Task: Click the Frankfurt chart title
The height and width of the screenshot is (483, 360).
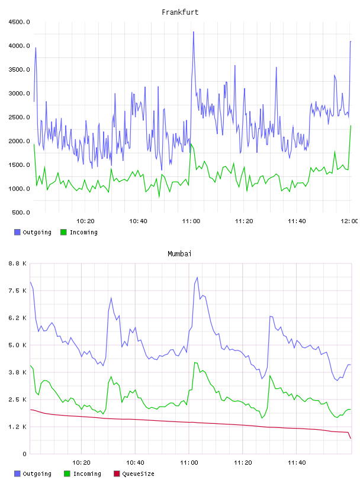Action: (180, 12)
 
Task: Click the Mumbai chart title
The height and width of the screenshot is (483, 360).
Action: (179, 254)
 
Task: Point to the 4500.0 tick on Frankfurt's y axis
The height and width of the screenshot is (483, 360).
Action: (19, 22)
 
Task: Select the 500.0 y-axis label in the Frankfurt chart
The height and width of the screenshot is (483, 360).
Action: (21, 212)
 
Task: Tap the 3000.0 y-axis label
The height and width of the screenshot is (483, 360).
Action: (19, 94)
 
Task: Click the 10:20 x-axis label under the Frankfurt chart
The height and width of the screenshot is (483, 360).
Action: (85, 221)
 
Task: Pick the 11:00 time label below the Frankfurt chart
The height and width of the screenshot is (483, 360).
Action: (191, 221)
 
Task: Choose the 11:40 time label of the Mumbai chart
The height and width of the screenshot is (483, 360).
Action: (297, 463)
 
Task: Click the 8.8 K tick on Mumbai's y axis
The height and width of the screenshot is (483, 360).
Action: (18, 263)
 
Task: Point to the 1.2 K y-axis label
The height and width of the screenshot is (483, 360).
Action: (18, 427)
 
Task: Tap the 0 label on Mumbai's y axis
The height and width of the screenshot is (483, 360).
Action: (25, 454)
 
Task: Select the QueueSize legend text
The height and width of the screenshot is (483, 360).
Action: (139, 474)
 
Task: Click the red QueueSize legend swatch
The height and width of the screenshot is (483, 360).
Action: (117, 474)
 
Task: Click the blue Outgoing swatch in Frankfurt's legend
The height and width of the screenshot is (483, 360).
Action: (17, 232)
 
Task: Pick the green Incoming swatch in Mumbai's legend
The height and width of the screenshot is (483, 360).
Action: (67, 474)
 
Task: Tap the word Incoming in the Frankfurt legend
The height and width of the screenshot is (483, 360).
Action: (83, 233)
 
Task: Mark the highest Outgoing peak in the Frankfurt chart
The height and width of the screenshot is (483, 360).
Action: (193, 32)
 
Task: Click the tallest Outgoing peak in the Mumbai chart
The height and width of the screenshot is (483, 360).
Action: (197, 278)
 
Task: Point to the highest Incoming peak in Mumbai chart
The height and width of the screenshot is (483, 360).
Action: (195, 363)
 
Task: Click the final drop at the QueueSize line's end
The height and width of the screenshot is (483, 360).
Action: (349, 435)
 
